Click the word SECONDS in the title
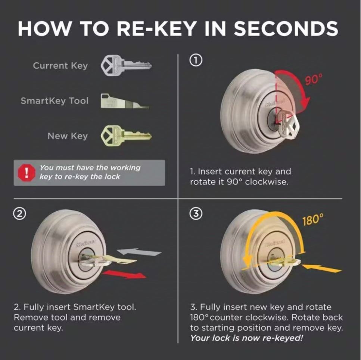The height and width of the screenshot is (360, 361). (x=286, y=28)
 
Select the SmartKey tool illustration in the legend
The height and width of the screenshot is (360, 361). (x=125, y=101)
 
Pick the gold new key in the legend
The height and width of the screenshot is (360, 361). (x=126, y=136)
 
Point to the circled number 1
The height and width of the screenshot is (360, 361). (x=196, y=60)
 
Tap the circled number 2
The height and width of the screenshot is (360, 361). (x=19, y=214)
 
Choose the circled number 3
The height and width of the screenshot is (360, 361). (x=196, y=214)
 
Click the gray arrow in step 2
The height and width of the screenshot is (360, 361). (x=139, y=252)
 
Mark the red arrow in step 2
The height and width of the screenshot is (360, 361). (x=125, y=274)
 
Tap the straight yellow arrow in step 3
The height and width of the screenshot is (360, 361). (x=321, y=268)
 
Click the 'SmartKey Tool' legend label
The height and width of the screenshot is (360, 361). (x=55, y=101)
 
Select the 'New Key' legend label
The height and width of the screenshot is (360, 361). (x=68, y=136)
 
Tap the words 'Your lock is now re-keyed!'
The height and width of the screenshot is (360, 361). (x=246, y=338)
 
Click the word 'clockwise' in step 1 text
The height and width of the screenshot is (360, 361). (x=267, y=182)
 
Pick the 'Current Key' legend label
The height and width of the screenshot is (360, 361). (x=60, y=66)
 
